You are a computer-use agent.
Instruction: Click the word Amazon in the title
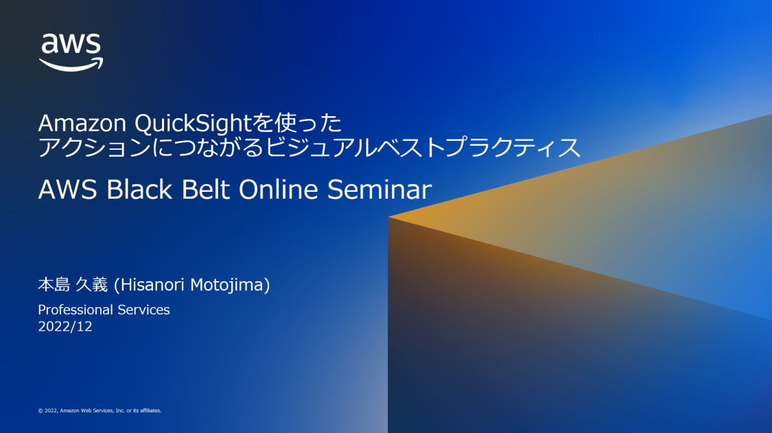[82, 124]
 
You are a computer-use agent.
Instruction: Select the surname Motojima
[230, 285]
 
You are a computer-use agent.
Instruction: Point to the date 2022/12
[65, 327]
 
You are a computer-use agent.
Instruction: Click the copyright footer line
[100, 410]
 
